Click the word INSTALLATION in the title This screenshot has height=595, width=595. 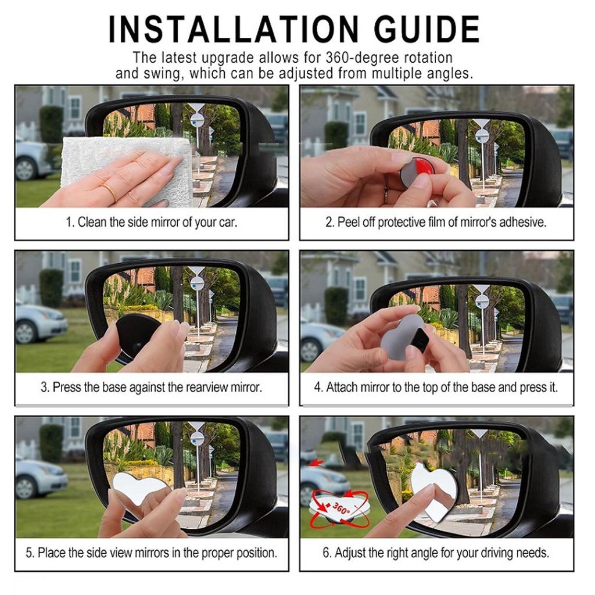click(x=234, y=30)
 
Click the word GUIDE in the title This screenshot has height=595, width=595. click(x=427, y=30)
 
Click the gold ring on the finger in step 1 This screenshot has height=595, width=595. click(x=111, y=192)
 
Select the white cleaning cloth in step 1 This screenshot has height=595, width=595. click(x=126, y=167)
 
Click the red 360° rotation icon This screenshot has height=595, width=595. click(x=339, y=508)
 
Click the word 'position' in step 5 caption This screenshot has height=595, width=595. click(x=256, y=553)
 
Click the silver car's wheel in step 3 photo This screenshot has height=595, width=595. click(x=26, y=332)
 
